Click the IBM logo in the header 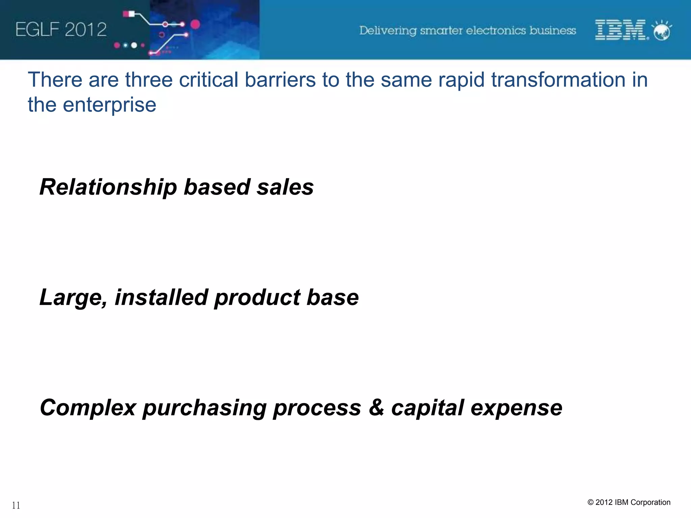tap(620, 30)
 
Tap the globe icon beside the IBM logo tap(662, 31)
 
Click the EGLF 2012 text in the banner tap(61, 29)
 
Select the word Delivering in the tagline tap(388, 31)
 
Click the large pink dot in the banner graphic tap(195, 24)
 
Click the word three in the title tap(148, 80)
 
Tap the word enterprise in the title tap(109, 105)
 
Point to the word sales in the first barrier tap(285, 187)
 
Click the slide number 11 tap(16, 505)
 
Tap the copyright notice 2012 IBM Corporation tap(629, 502)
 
